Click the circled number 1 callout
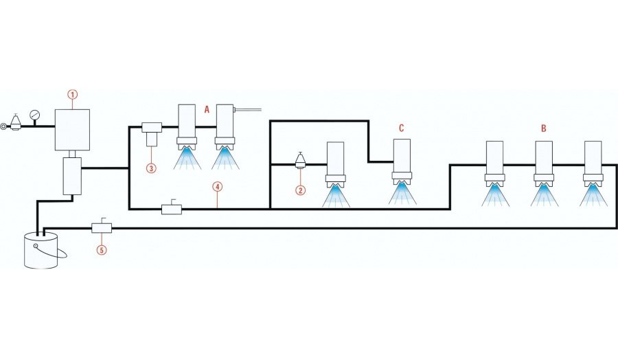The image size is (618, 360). click(73, 93)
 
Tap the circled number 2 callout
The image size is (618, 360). click(299, 190)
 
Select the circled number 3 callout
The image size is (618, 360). click(150, 167)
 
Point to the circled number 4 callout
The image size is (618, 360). click(217, 186)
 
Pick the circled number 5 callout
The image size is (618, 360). click(102, 250)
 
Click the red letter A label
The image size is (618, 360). click(207, 109)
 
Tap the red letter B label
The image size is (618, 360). click(543, 128)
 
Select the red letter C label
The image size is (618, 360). click(402, 128)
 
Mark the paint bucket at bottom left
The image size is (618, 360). click(41, 251)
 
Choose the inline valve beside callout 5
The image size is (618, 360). click(102, 227)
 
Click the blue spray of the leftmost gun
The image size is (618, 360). click(187, 159)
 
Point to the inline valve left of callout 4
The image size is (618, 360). click(171, 208)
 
